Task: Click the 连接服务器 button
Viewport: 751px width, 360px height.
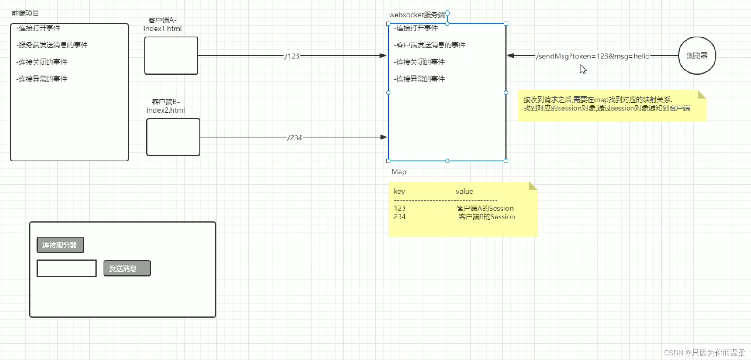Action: tap(60, 245)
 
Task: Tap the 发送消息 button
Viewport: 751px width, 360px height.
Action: tap(127, 268)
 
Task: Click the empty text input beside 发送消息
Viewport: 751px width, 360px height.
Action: tap(66, 268)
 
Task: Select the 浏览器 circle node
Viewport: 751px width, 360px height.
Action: tap(697, 56)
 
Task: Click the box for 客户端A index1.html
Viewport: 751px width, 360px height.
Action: tap(171, 55)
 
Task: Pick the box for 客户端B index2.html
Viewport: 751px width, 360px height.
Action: tap(173, 137)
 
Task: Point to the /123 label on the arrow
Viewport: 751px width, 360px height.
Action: tap(292, 56)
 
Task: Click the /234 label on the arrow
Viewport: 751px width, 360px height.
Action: tap(295, 137)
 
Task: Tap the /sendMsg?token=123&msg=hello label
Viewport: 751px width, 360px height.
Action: tap(593, 56)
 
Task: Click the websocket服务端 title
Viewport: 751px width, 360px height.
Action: tap(417, 15)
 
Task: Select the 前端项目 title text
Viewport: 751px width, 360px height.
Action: tap(25, 13)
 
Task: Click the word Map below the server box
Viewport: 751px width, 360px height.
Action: tap(399, 172)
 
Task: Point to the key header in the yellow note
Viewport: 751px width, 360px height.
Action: tap(399, 191)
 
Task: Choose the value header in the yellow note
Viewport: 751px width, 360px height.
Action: tap(464, 191)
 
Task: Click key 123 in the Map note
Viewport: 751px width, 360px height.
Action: tap(400, 208)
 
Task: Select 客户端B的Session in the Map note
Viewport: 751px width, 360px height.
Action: tap(487, 217)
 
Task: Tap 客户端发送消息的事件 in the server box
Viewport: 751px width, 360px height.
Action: tap(430, 45)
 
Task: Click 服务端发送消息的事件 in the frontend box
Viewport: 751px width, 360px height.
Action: tap(52, 45)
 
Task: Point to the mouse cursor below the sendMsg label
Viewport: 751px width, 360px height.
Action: tap(583, 69)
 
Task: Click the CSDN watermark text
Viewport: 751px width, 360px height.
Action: tap(704, 353)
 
